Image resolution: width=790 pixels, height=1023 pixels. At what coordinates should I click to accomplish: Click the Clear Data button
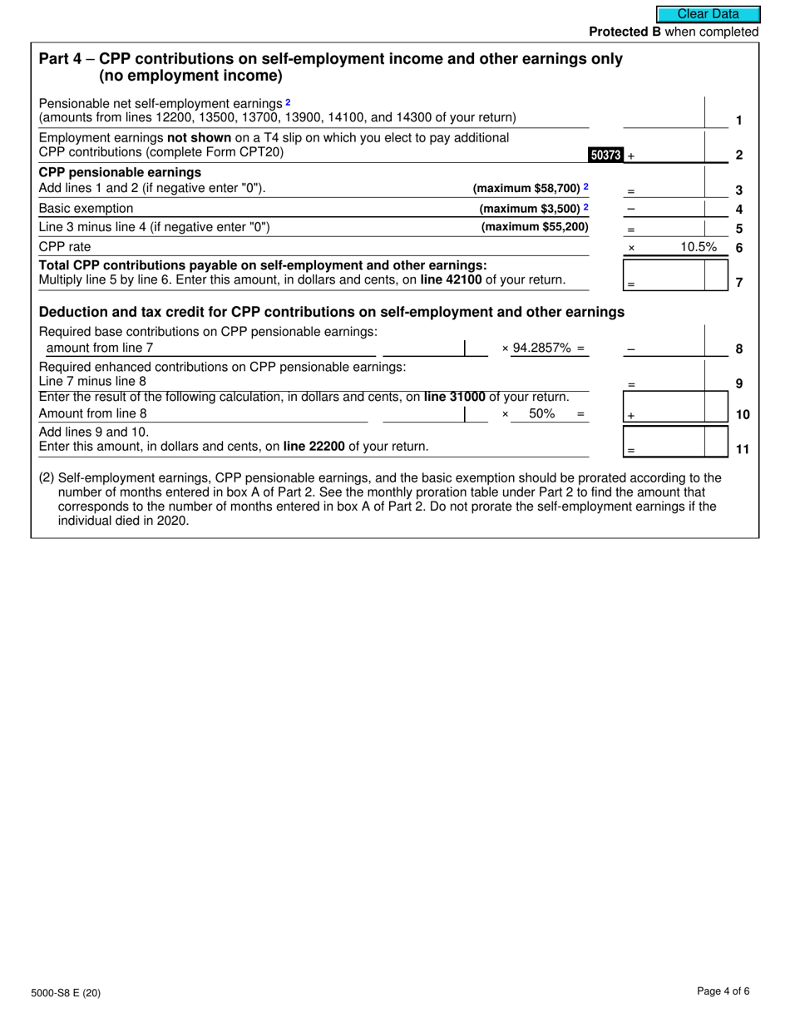point(708,14)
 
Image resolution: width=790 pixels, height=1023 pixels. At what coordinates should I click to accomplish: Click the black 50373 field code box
point(605,155)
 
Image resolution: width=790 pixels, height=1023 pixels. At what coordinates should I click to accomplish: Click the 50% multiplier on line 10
point(541,413)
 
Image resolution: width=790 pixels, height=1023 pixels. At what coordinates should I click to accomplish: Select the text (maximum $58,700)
point(526,188)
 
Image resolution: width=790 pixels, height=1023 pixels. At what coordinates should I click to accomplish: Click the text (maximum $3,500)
point(530,208)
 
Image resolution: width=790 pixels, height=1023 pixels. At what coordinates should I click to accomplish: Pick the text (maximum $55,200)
point(534,227)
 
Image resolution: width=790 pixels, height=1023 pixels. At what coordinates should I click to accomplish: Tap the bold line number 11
point(743,450)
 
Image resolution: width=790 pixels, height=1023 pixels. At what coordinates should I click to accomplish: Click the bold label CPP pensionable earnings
point(120,172)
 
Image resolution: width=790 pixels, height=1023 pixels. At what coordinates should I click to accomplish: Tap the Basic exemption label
point(86,208)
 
